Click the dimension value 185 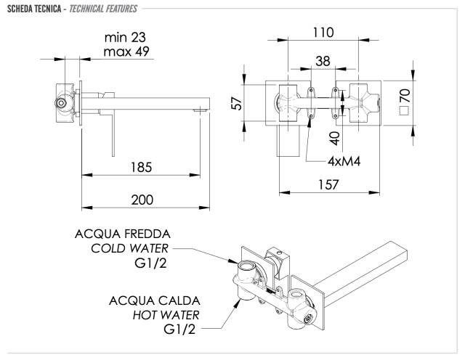(142, 168)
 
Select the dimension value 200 (142, 199)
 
